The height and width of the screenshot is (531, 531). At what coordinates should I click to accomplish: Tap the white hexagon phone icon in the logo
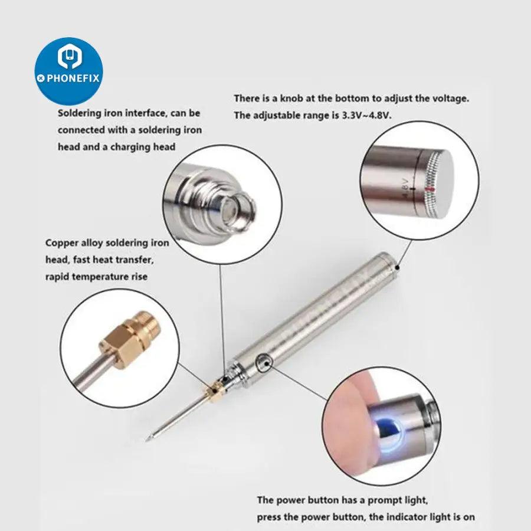coord(70,56)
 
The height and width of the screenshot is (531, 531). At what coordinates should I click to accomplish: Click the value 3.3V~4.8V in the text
coord(366,115)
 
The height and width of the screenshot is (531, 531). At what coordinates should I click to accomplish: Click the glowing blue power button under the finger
coord(388,432)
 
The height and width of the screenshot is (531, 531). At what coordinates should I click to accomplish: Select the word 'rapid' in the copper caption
coord(57,277)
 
